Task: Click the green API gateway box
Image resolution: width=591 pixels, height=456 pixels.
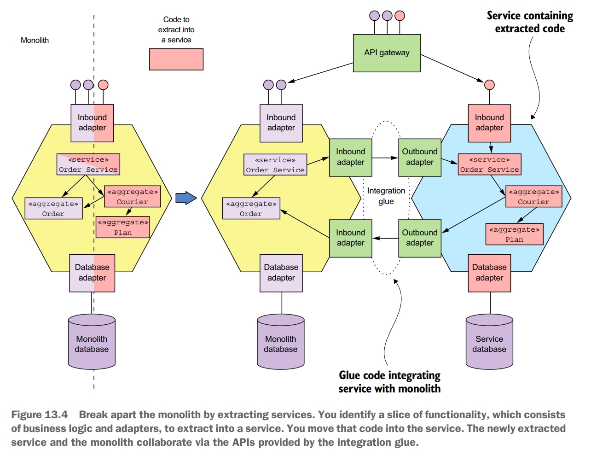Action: tap(387, 53)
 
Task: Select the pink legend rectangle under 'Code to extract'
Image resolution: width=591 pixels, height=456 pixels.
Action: tap(176, 59)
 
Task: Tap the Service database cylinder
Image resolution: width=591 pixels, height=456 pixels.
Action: tap(489, 343)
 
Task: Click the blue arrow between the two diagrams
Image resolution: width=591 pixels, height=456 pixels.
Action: tap(186, 198)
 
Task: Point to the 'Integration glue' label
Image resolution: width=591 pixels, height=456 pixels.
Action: tap(386, 196)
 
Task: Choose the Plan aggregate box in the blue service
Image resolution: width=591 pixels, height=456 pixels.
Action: tap(514, 234)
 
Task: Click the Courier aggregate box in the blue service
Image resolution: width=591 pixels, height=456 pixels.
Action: tap(533, 197)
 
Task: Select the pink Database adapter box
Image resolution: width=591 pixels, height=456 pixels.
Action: tap(489, 273)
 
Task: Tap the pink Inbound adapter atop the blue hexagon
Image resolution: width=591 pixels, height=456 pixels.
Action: tap(489, 123)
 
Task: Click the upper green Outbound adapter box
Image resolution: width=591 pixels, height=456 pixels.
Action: tap(419, 157)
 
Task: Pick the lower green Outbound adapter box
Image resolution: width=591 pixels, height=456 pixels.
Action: tap(419, 238)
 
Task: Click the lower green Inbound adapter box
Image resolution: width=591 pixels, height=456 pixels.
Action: tap(350, 238)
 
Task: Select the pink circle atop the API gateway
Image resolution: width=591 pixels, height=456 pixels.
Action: tap(400, 16)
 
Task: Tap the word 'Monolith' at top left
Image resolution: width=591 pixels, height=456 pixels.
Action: tap(35, 41)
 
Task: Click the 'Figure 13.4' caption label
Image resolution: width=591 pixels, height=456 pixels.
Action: tap(40, 415)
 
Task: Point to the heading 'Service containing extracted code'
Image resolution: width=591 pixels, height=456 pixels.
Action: tap(530, 22)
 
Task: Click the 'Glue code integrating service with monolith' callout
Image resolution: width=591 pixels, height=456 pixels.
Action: tap(389, 382)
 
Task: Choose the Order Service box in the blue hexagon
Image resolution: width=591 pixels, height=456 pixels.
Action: tap(489, 164)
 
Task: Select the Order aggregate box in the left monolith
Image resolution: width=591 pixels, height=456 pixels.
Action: tap(53, 209)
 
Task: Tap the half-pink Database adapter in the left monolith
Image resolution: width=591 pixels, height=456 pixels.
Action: tap(92, 273)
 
